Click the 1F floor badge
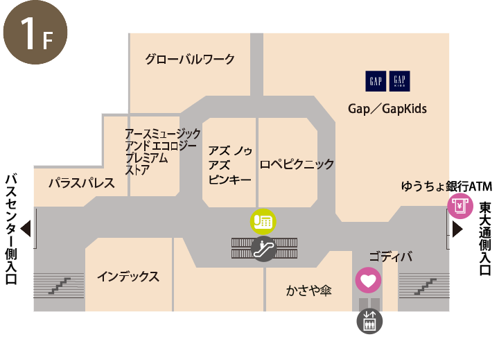coord(35,35)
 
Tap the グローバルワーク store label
coord(190,60)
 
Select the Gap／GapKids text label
coord(387,109)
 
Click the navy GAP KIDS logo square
coord(399,81)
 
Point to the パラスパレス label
coord(81,184)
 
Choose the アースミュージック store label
coord(162,152)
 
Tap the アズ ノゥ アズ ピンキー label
coord(229,164)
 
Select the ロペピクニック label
coord(297,164)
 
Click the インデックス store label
coord(128,277)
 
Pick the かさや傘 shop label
coord(309,291)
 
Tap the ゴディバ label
coord(390,257)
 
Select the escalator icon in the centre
coord(263,248)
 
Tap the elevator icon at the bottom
coord(369,321)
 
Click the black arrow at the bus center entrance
coord(26,228)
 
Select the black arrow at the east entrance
coord(457,228)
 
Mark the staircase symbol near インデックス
coord(59,285)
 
